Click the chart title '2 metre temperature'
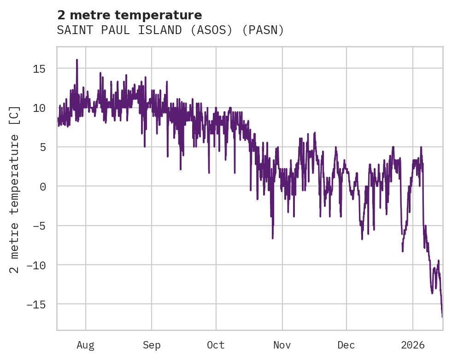129,15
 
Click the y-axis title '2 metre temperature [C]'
15,189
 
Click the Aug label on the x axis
86,345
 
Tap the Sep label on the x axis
152,345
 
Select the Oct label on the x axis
216,345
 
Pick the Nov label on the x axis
282,345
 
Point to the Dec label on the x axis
346,345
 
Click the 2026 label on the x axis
413,345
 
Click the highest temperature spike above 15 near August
77,60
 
